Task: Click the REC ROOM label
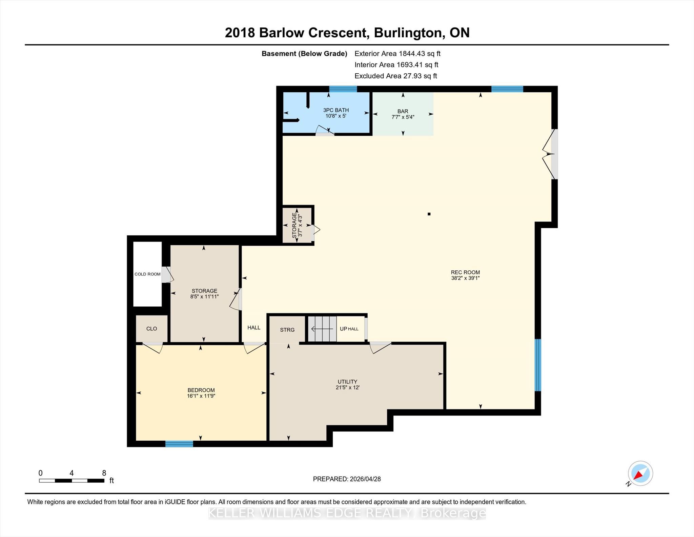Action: [x=465, y=272]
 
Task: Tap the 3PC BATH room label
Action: [x=336, y=110]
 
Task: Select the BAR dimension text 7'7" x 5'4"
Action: [x=403, y=117]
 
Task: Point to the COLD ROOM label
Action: [x=147, y=274]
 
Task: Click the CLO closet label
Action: [x=151, y=328]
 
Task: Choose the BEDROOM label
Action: [x=201, y=390]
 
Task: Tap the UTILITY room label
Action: [x=347, y=382]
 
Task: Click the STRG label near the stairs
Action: [x=287, y=330]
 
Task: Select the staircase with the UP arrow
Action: [x=322, y=329]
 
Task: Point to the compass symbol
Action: [x=640, y=474]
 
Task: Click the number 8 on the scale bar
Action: [x=104, y=473]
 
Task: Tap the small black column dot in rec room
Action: [x=429, y=214]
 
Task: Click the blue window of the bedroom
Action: [x=179, y=444]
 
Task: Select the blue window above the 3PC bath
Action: [x=343, y=89]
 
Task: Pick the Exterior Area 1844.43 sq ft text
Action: [x=397, y=54]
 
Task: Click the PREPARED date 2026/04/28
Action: [x=365, y=479]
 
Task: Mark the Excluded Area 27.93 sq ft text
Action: [x=396, y=76]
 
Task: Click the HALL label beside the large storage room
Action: [x=254, y=327]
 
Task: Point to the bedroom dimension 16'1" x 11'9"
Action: [x=201, y=396]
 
